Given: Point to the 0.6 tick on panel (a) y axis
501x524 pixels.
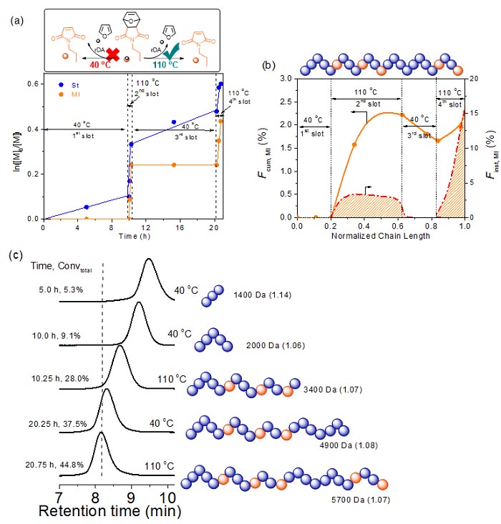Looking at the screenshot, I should pyautogui.click(x=34, y=85).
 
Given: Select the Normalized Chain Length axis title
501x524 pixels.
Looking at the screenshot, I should pyautogui.click(x=380, y=236).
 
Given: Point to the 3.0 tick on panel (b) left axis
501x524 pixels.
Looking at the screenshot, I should pyautogui.click(x=286, y=79).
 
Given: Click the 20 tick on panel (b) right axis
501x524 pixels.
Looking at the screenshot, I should pyautogui.click(x=478, y=79).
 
